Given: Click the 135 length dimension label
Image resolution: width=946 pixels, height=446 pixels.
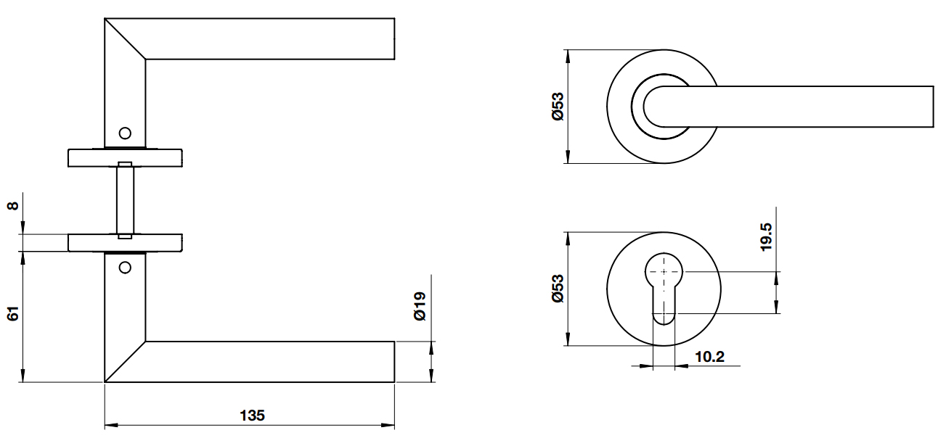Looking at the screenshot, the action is [252, 416].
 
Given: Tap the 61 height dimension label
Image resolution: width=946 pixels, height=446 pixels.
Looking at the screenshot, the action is [13, 314].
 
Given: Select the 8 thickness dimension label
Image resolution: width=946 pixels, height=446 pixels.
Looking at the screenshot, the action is [13, 206].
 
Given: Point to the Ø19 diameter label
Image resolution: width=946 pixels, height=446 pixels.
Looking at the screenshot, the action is [420, 306].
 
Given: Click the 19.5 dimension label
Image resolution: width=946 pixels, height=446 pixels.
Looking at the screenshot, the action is [766, 237].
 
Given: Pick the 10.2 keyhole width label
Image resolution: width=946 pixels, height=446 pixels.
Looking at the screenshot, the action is [709, 357].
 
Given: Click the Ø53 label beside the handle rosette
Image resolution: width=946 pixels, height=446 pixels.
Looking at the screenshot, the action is [558, 107].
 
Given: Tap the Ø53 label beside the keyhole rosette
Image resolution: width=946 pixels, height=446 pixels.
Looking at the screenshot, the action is [558, 289].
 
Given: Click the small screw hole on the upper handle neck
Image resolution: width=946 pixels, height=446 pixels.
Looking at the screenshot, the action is [125, 133].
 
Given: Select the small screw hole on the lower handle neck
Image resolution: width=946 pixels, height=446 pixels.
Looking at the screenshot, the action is [125, 268].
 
